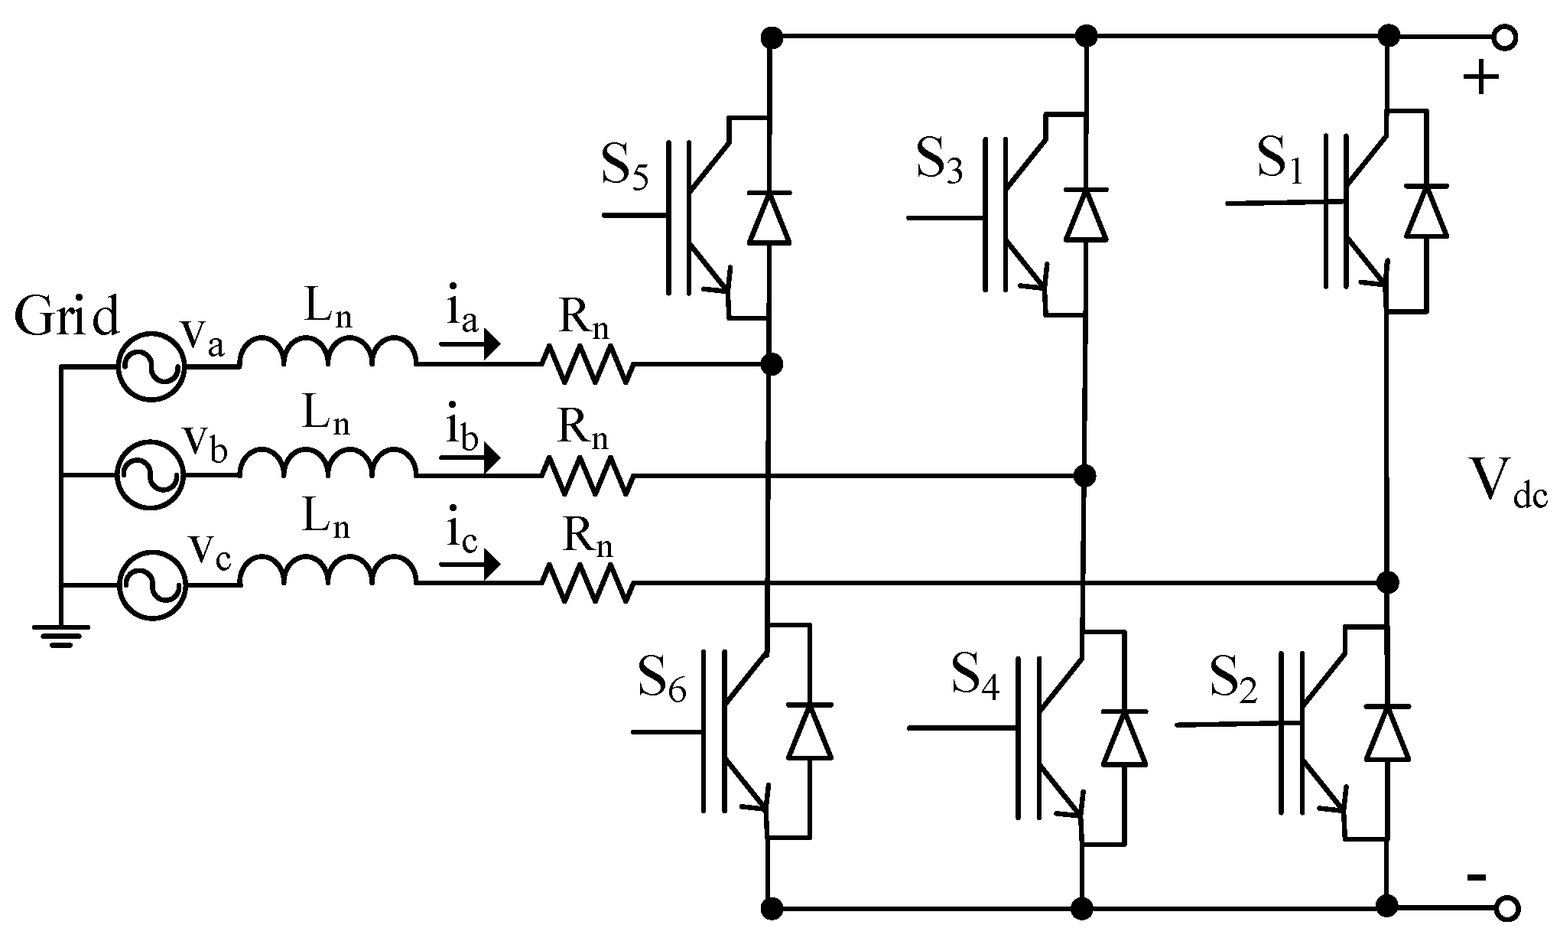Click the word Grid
pos(67,317)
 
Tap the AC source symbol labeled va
pos(151,366)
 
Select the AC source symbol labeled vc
pos(151,585)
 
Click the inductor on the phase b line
pos(329,462)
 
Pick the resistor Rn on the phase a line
pos(587,365)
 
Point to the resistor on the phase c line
pos(587,584)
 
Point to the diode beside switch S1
pos(1426,211)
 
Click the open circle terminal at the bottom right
pos(1506,908)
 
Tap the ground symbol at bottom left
pos(61,634)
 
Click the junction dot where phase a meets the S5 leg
pos(772,364)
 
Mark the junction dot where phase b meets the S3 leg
pos(1084,476)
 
